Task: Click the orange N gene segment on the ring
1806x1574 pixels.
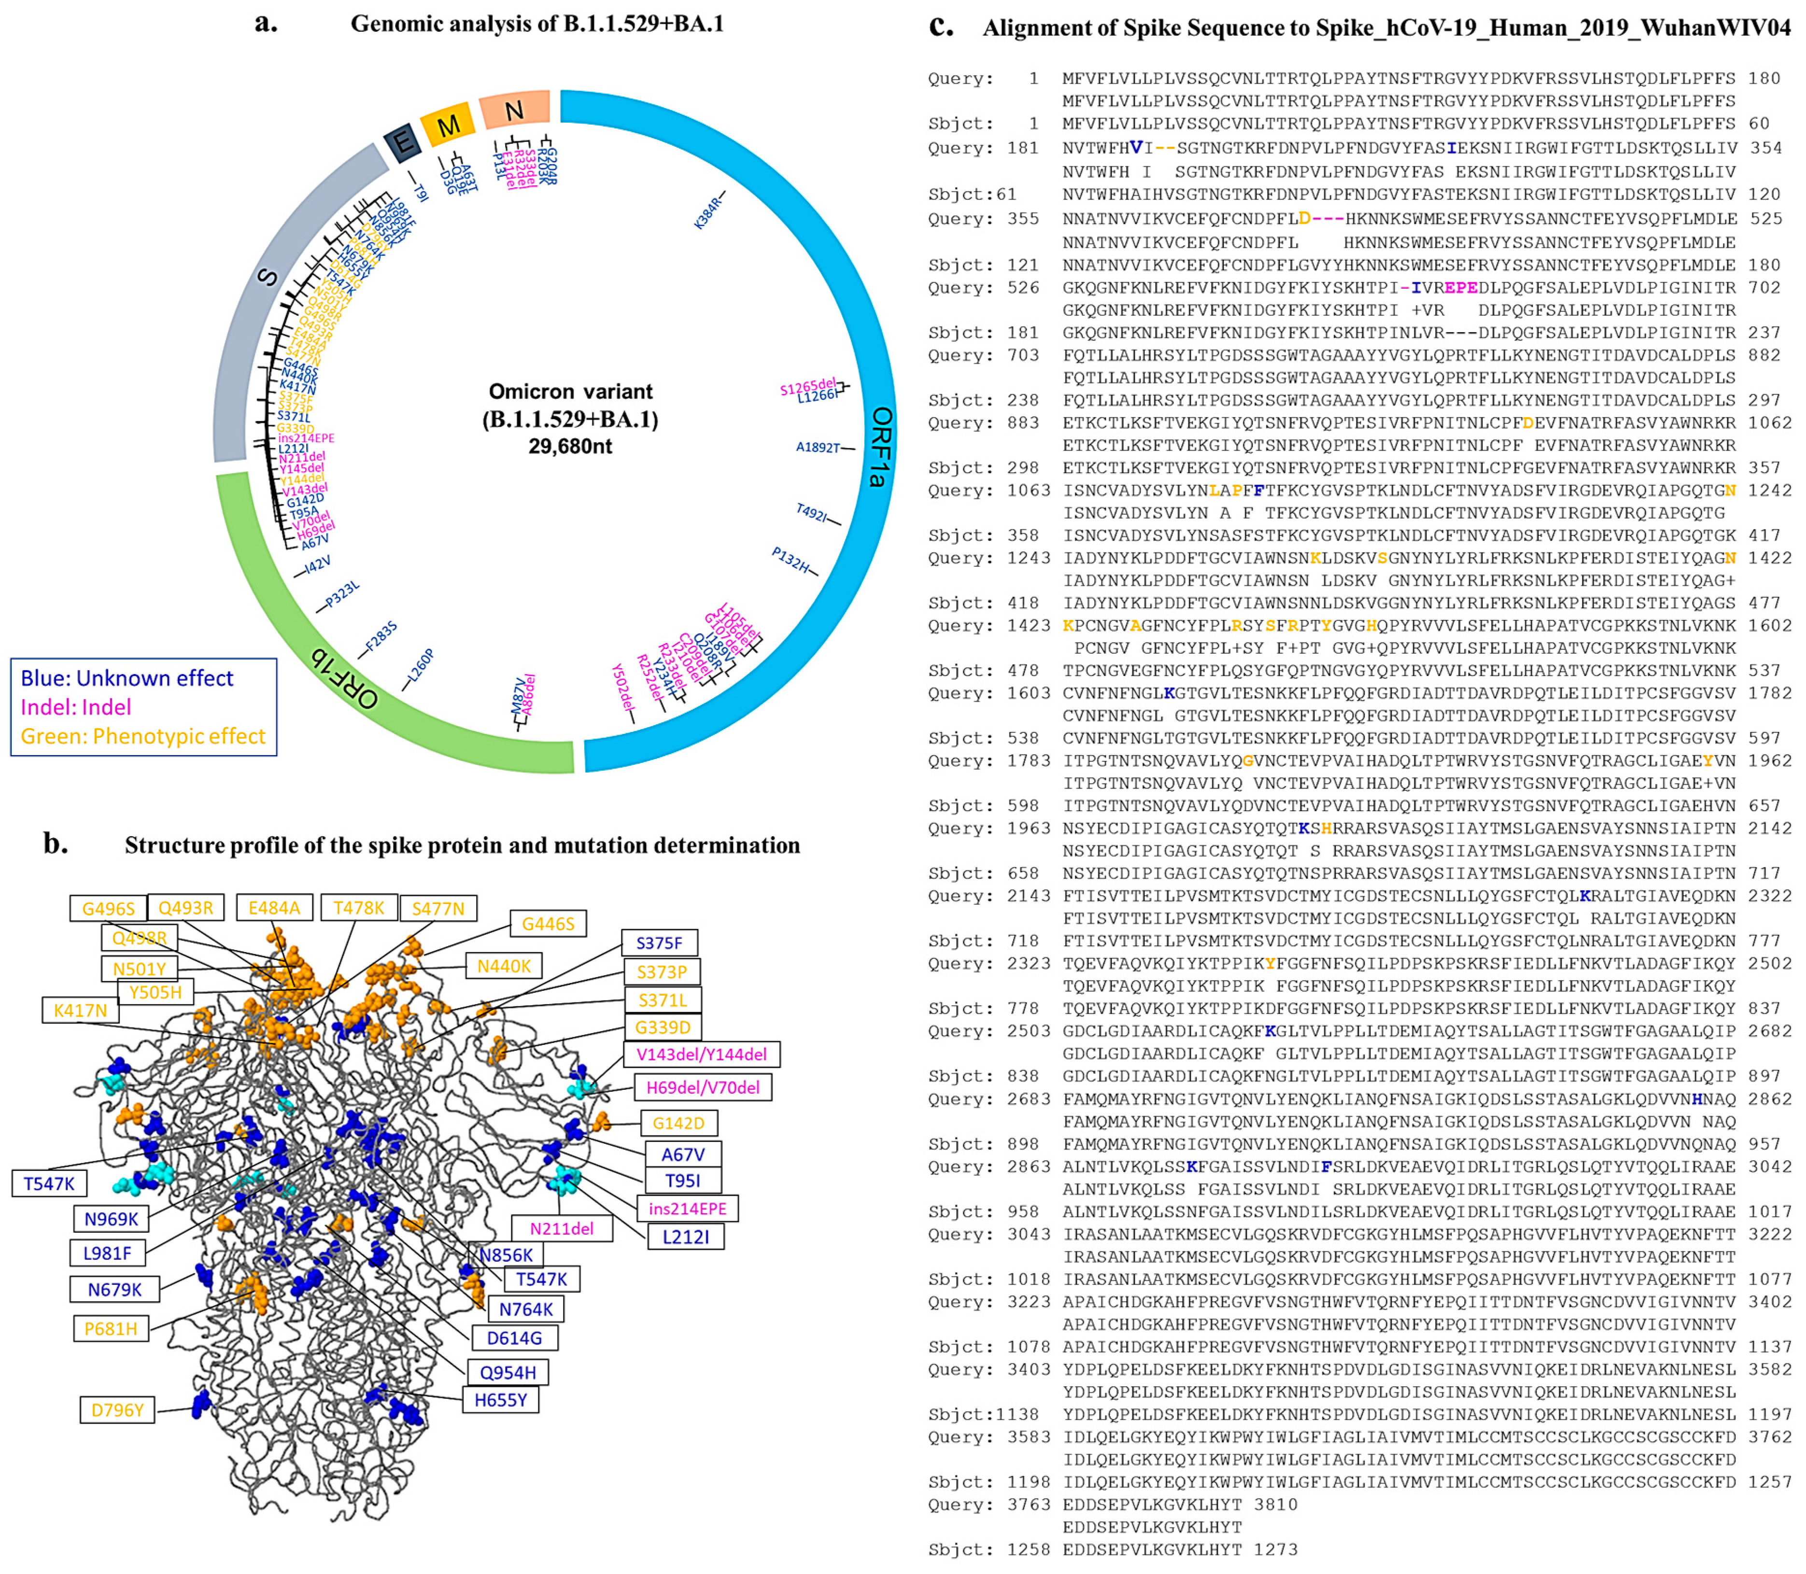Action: pyautogui.click(x=515, y=110)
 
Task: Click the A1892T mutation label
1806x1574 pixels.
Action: pyautogui.click(x=818, y=447)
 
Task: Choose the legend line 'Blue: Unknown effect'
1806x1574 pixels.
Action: pyautogui.click(x=127, y=678)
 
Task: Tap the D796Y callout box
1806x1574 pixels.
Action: pyautogui.click(x=117, y=1410)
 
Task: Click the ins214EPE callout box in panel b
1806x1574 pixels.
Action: pyautogui.click(x=687, y=1209)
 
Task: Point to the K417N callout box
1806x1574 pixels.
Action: pyautogui.click(x=80, y=1010)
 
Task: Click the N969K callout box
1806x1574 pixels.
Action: pyautogui.click(x=111, y=1218)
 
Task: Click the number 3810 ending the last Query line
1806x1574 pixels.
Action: pyautogui.click(x=1276, y=1504)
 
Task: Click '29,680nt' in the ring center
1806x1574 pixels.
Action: pyautogui.click(x=570, y=446)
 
